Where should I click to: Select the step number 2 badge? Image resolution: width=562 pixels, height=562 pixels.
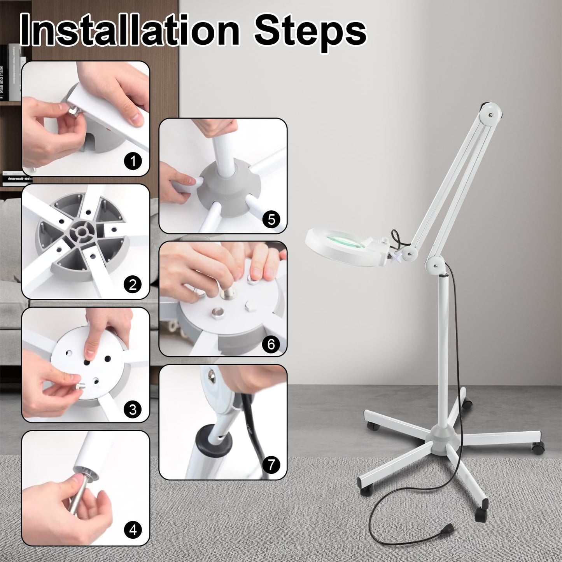coord(133,285)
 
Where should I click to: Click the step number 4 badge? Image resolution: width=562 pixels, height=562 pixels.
coord(133,529)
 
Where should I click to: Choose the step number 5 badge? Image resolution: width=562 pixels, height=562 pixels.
coord(271,219)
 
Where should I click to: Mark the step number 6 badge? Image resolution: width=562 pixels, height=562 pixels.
coord(271,344)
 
